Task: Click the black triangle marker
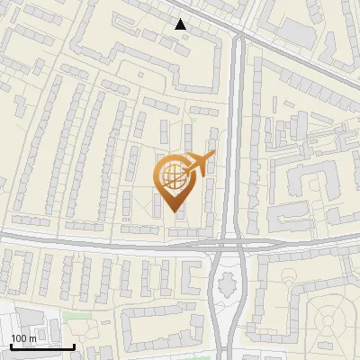pos(181,24)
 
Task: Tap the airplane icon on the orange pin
pos(198,163)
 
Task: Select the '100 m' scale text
pos(23,338)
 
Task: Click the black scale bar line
pos(41,346)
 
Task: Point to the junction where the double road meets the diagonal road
pos(236,38)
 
